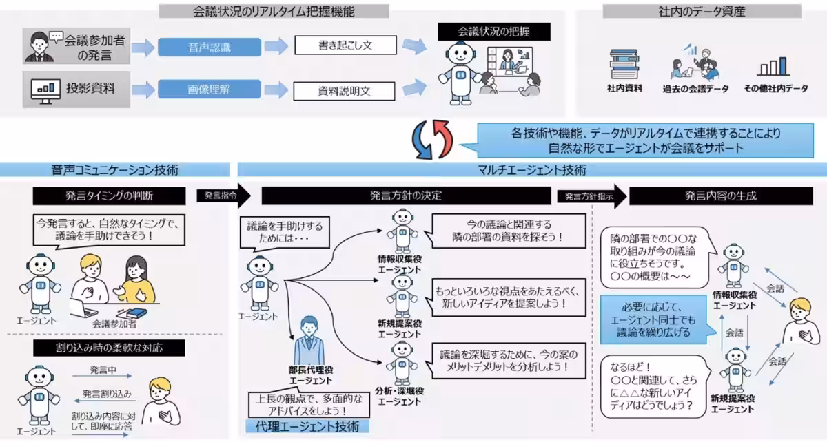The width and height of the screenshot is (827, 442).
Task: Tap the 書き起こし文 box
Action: point(345,45)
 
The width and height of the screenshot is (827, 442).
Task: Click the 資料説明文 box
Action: point(345,90)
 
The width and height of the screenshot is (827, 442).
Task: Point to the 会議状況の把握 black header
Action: point(494,32)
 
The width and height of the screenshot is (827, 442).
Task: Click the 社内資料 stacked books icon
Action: point(624,64)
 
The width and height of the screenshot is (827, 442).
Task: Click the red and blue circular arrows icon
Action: point(430,139)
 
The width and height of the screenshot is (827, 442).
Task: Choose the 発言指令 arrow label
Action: point(221,196)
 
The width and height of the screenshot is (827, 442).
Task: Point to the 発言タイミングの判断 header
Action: point(110,196)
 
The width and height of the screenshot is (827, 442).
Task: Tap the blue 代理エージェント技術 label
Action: point(307,426)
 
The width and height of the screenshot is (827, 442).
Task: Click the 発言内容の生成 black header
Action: point(721,196)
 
